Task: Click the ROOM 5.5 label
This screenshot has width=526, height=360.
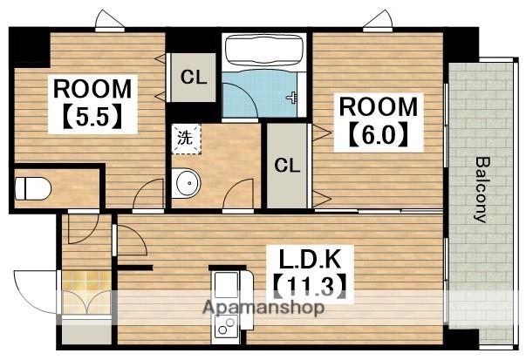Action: [x=92, y=104]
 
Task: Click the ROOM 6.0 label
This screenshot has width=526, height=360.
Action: [x=379, y=122]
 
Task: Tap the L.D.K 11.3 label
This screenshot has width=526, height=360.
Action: [x=311, y=274]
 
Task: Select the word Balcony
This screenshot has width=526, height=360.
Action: [x=482, y=190]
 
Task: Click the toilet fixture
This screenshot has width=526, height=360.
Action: [x=33, y=188]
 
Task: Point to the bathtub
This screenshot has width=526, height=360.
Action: [x=264, y=51]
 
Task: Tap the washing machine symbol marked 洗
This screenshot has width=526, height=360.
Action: [x=186, y=139]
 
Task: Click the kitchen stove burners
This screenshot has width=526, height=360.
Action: [x=226, y=325]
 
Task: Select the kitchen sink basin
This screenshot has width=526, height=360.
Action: [x=227, y=284]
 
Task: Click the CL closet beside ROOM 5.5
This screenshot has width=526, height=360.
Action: [x=193, y=78]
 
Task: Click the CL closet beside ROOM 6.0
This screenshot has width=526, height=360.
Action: [x=287, y=166]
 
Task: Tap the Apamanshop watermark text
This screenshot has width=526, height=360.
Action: [x=263, y=308]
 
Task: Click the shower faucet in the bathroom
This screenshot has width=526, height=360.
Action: [x=291, y=98]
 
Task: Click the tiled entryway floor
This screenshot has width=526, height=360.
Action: [x=86, y=293]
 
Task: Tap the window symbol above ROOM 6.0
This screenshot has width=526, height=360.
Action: [x=378, y=21]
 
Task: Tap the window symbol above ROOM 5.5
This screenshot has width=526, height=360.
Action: [x=110, y=21]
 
